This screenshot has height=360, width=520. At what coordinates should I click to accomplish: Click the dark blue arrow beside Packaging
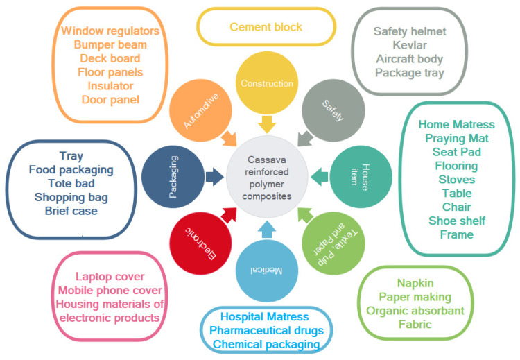pyautogui.click(x=216, y=177)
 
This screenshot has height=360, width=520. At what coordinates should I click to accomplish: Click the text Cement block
pyautogui.click(x=266, y=27)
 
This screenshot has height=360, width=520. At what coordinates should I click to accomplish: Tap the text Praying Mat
pyautogui.click(x=456, y=138)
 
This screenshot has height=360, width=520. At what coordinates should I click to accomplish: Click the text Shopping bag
pyautogui.click(x=71, y=197)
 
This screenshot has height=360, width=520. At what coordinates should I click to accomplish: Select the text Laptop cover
pyautogui.click(x=112, y=276)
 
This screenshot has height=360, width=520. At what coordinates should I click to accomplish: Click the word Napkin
pyautogui.click(x=415, y=283)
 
